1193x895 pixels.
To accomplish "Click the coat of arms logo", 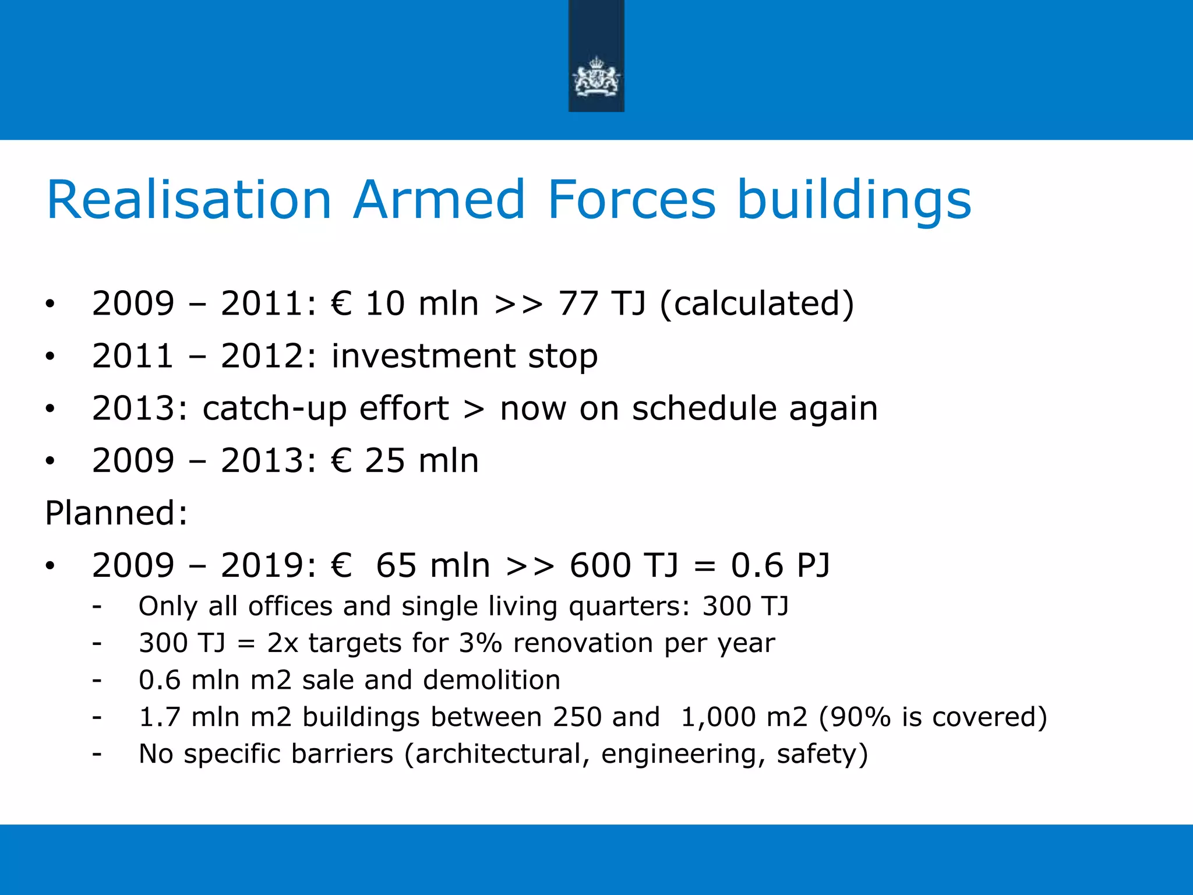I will (x=596, y=76).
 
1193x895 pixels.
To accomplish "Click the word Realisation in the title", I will (x=189, y=200).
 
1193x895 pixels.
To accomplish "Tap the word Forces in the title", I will (x=631, y=200).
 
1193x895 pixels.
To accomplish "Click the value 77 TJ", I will (x=602, y=304).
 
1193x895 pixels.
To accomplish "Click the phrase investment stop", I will (x=464, y=356).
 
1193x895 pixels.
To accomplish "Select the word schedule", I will (x=704, y=408).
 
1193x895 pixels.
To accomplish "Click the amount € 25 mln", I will (x=405, y=461).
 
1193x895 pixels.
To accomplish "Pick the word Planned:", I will (x=117, y=513).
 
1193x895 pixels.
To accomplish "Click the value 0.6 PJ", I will (x=780, y=566).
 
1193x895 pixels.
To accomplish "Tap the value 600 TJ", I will (x=624, y=566).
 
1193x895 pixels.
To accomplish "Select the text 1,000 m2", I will (x=744, y=717).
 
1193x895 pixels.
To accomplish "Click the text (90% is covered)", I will (x=933, y=717).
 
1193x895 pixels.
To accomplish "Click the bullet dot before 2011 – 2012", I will (x=51, y=357).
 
